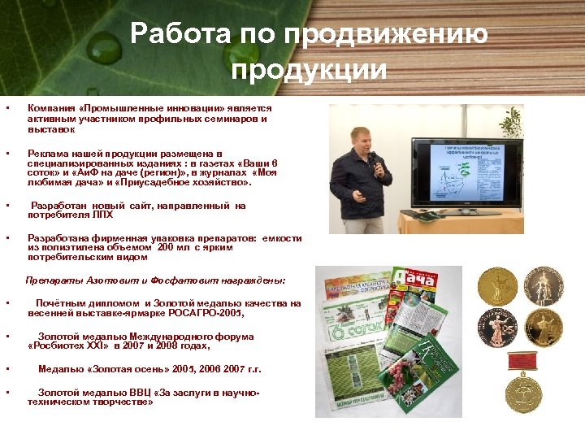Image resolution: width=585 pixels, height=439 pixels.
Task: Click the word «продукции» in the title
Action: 309,70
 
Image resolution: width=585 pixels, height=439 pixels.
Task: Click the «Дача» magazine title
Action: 409,283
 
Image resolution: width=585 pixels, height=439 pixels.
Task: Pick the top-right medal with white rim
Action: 544,286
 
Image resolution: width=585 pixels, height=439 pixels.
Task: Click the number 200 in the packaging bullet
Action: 167,248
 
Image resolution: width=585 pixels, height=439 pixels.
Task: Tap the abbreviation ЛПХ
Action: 102,215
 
